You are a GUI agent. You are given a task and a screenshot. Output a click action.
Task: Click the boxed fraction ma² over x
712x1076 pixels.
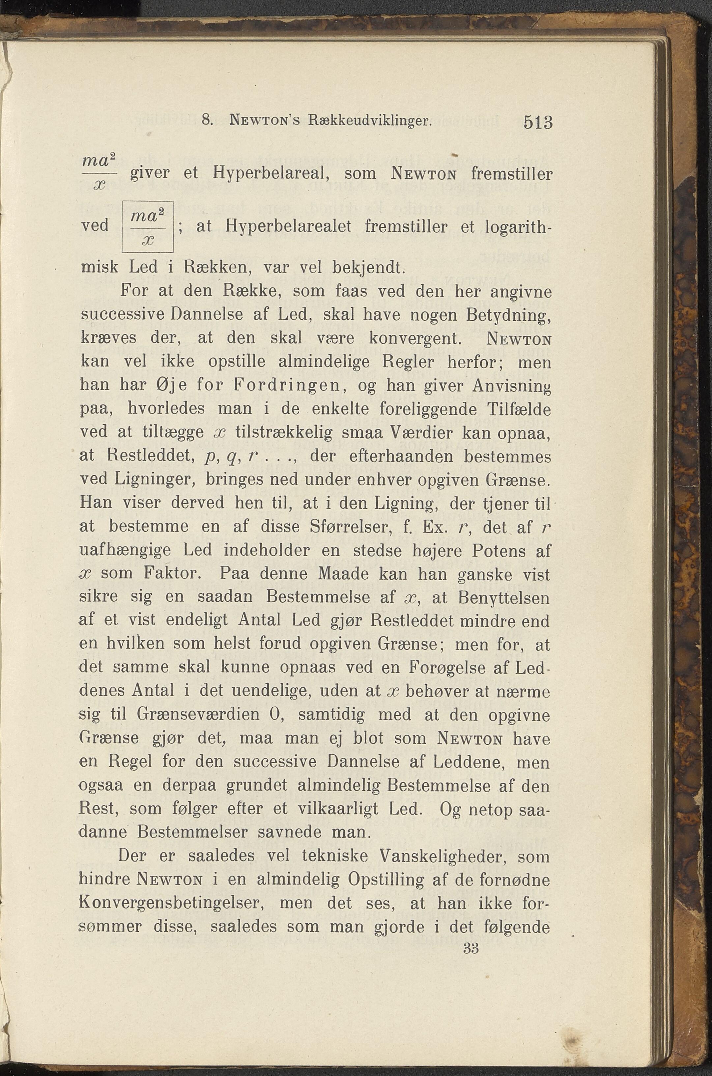pyautogui.click(x=148, y=226)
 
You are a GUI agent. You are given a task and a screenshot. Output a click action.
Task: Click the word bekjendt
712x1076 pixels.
pyautogui.click(x=368, y=267)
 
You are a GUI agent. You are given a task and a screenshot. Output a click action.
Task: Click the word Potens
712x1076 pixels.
pyautogui.click(x=486, y=551)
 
